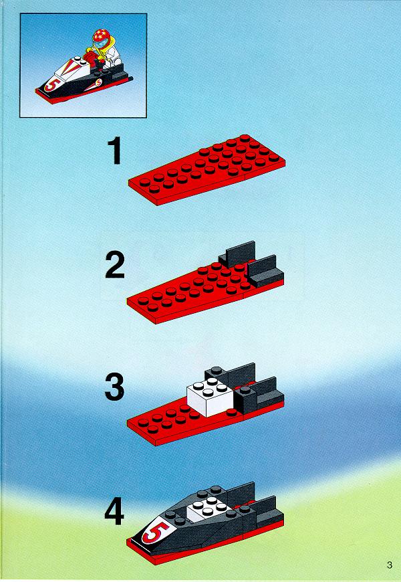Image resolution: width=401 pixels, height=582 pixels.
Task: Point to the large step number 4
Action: [114, 511]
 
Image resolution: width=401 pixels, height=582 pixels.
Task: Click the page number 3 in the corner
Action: [389, 565]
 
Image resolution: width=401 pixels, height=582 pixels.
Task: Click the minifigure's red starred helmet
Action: [100, 36]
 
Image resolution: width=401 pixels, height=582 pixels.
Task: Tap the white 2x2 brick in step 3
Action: [210, 397]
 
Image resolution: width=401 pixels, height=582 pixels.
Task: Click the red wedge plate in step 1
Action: [207, 170]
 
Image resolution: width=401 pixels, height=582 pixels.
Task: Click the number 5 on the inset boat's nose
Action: [50, 86]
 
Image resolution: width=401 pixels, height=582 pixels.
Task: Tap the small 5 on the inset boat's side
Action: [98, 83]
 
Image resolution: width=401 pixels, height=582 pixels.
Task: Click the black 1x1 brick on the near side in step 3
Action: [245, 399]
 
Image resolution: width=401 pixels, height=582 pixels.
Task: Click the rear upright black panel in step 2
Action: [237, 254]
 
